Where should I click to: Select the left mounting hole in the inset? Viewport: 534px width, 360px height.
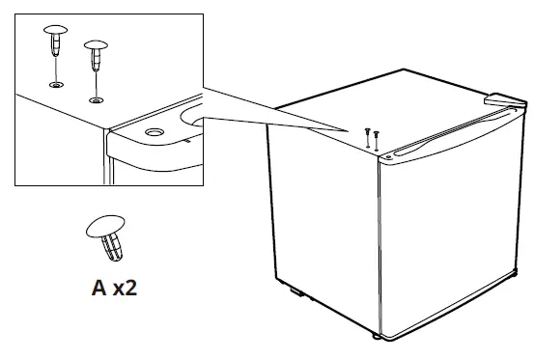tap(60, 85)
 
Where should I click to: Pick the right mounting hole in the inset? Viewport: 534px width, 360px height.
tap(95, 98)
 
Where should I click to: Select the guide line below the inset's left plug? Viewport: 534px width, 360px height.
tap(58, 69)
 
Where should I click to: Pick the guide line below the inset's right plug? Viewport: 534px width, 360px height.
tap(95, 83)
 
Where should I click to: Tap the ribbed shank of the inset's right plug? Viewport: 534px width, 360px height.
tap(96, 59)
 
